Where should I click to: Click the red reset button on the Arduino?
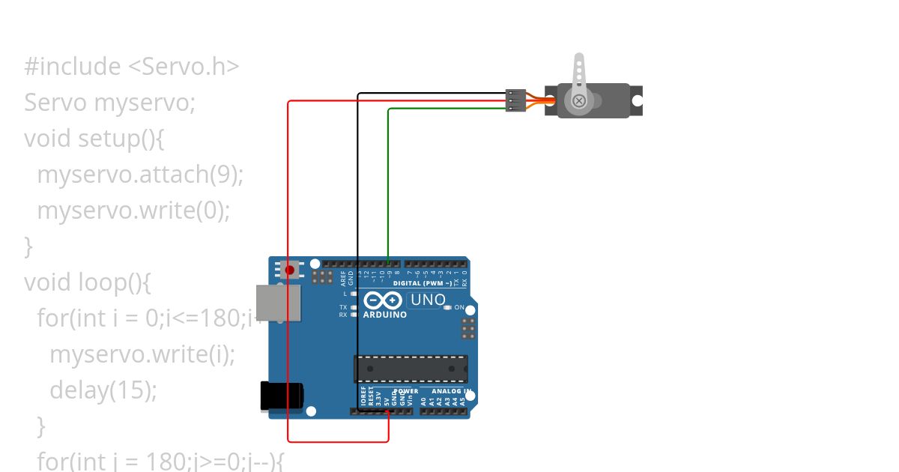point(289,269)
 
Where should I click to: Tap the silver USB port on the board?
point(278,303)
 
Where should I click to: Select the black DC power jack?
point(281,396)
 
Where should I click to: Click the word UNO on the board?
point(428,300)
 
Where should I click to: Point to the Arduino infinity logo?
point(383,301)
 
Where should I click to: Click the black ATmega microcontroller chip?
point(411,369)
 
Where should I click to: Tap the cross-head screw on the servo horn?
point(578,100)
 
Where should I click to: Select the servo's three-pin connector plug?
point(515,100)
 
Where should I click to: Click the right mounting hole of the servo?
point(637,100)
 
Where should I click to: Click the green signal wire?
point(388,180)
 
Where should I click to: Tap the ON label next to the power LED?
point(459,308)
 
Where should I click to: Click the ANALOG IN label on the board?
point(450,391)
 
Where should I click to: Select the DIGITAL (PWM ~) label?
point(422,283)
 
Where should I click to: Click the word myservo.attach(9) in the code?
point(140,175)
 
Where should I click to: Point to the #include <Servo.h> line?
point(132,67)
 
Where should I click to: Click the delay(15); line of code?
point(103,390)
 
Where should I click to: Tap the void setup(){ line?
point(94,139)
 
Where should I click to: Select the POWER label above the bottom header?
point(405,391)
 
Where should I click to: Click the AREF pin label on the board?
point(344,279)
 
